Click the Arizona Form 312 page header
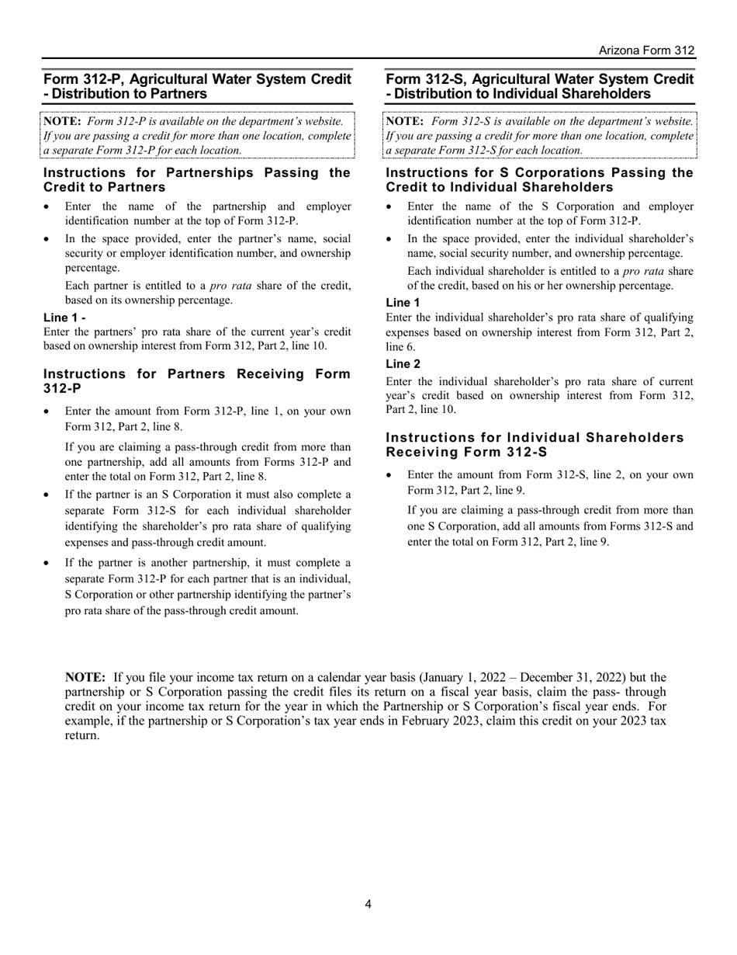[646, 50]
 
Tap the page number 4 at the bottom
[368, 904]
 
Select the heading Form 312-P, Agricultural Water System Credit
[198, 86]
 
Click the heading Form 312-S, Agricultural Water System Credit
[540, 86]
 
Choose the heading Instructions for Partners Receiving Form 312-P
[197, 380]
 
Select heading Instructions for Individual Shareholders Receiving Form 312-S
[535, 444]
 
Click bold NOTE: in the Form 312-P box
[62, 121]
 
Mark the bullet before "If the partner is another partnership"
[48, 563]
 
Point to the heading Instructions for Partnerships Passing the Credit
[197, 179]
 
